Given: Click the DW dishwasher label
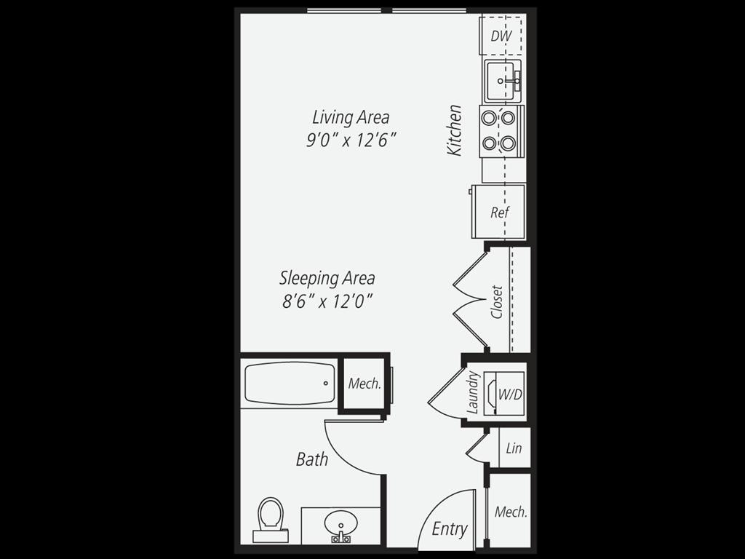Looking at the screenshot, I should click(501, 35).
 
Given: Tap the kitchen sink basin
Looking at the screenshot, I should click(502, 80).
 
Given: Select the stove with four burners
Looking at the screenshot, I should click(500, 131).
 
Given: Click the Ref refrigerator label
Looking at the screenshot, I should click(500, 213).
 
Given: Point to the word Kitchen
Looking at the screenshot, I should click(455, 130).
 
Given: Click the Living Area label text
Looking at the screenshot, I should click(351, 117).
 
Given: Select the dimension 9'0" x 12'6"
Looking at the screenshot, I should click(351, 140).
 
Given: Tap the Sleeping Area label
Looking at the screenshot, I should click(327, 278).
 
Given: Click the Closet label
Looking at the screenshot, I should click(498, 301).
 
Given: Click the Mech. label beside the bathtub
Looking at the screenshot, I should click(364, 384).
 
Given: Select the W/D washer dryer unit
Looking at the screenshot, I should click(509, 394).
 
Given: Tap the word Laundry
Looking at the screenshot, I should click(473, 393).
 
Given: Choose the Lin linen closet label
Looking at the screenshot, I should click(514, 448).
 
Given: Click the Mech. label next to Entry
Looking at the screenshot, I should click(511, 512).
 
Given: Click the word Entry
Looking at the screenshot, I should click(450, 529).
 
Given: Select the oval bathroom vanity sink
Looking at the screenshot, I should click(340, 523).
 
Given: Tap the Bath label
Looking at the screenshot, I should click(312, 459).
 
